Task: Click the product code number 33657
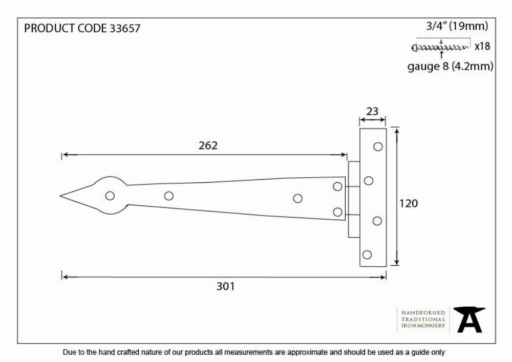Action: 125,28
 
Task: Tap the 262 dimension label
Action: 208,145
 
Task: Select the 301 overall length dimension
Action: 225,286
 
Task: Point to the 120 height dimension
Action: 409,203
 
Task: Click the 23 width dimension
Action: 372,111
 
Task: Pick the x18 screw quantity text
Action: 482,47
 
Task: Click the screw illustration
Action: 440,48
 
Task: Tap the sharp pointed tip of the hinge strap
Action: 60,196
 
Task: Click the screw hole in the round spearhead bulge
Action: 110,196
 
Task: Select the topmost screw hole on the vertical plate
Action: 378,147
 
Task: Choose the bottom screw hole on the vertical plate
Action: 367,254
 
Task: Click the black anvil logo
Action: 469,320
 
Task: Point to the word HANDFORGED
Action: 423,313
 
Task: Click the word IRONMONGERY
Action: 423,326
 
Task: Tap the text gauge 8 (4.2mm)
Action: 450,67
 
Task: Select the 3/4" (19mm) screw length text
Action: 457,26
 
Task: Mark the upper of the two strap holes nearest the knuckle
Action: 337,186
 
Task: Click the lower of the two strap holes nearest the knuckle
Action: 337,212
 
